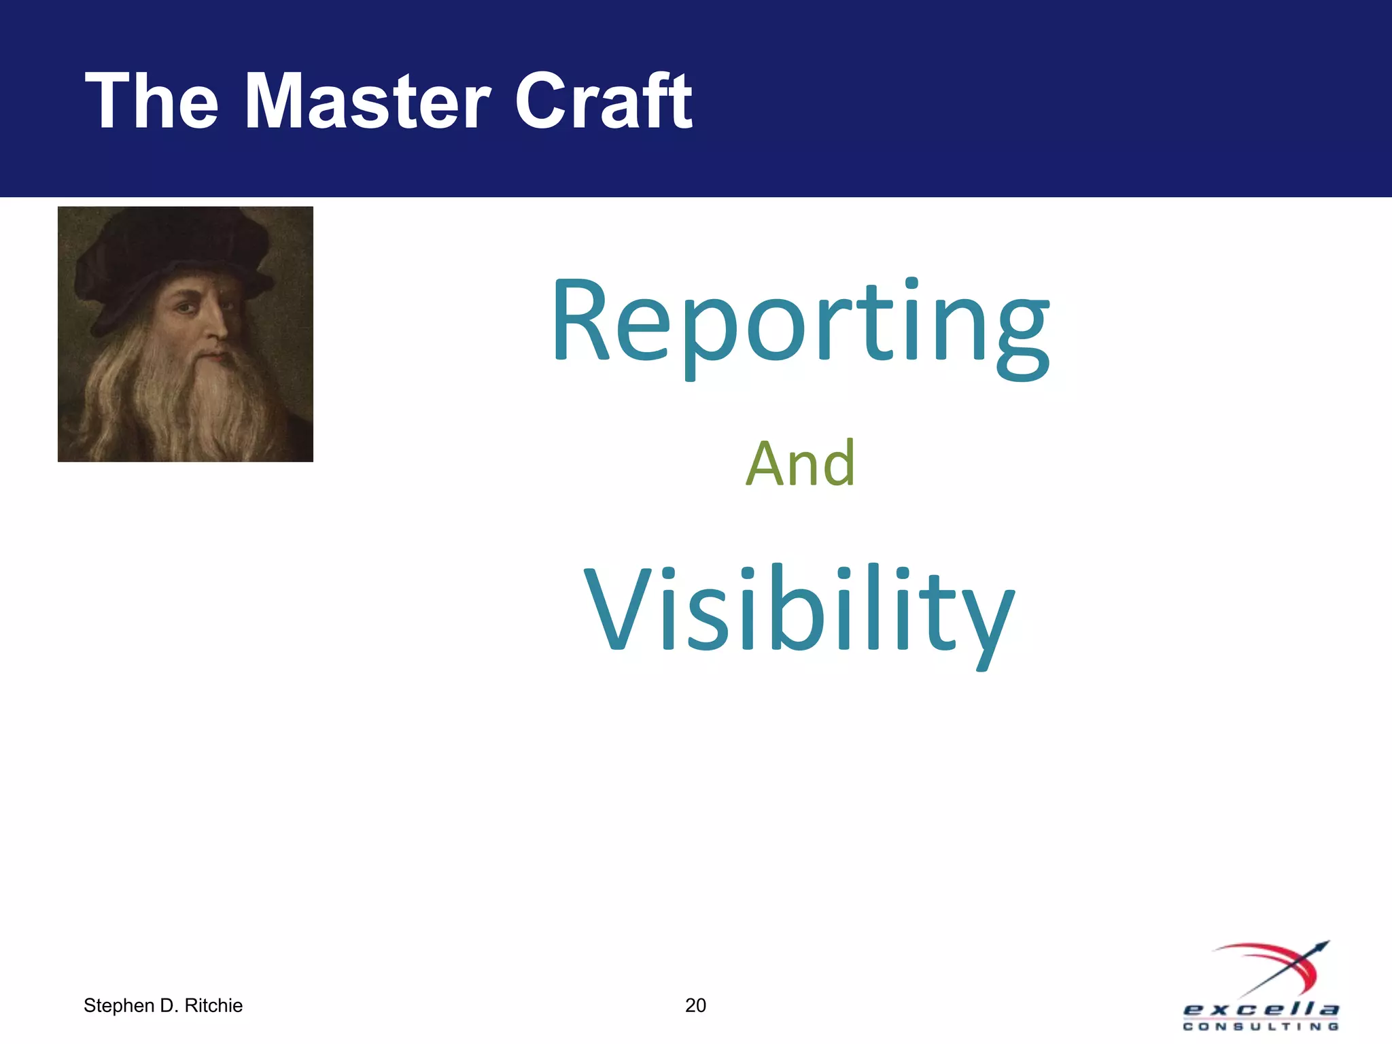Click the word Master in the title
[367, 102]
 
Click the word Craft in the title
[604, 102]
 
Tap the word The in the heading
[152, 102]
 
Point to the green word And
[801, 464]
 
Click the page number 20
[695, 1005]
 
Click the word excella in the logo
[1261, 1009]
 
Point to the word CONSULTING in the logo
[1261, 1026]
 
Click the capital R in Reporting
[581, 321]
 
